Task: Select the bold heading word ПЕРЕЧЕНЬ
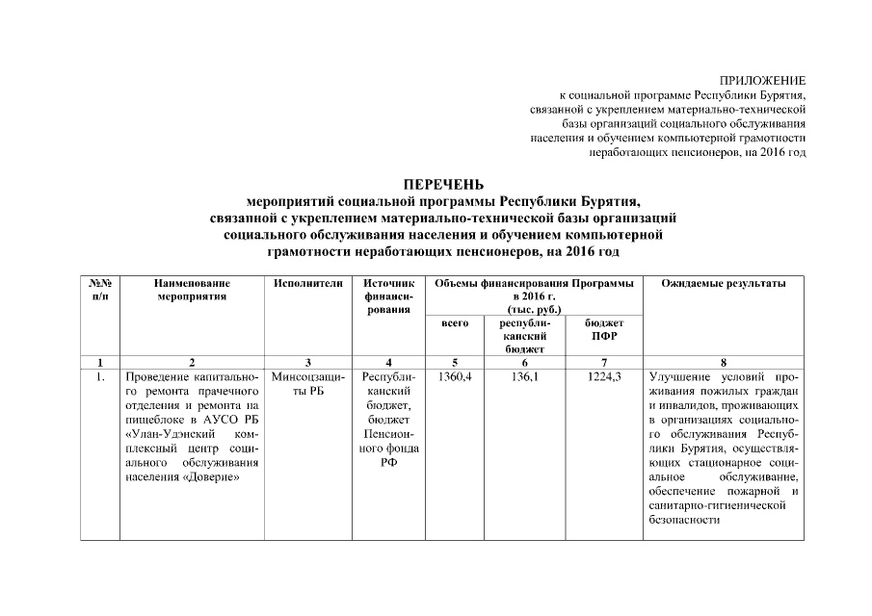click(443, 184)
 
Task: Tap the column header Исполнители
click(307, 283)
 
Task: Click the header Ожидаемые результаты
click(723, 283)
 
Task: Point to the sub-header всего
click(455, 323)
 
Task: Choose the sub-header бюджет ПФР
click(604, 330)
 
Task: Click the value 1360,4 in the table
click(455, 376)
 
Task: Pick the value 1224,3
click(604, 376)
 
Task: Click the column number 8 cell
click(723, 363)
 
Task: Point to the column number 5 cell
click(455, 363)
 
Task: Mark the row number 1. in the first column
click(100, 376)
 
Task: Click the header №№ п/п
click(100, 290)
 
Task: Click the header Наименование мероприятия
click(193, 290)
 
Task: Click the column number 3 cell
click(307, 363)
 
